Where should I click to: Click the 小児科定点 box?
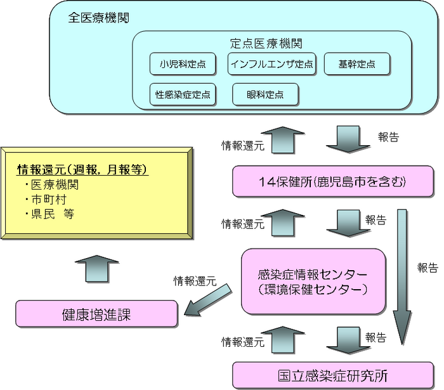pyautogui.click(x=182, y=64)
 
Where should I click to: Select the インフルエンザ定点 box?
pyautogui.click(x=271, y=64)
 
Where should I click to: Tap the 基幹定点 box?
pyautogui.click(x=356, y=64)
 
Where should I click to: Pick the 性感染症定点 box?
pyautogui.click(x=183, y=95)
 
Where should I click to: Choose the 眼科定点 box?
pyautogui.click(x=265, y=95)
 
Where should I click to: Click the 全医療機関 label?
pyautogui.click(x=98, y=18)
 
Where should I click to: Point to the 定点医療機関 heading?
pyautogui.click(x=266, y=44)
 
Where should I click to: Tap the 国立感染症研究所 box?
pyautogui.click(x=332, y=375)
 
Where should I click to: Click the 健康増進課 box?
pyautogui.click(x=96, y=315)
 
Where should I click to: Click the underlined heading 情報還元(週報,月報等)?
pyautogui.click(x=82, y=169)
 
